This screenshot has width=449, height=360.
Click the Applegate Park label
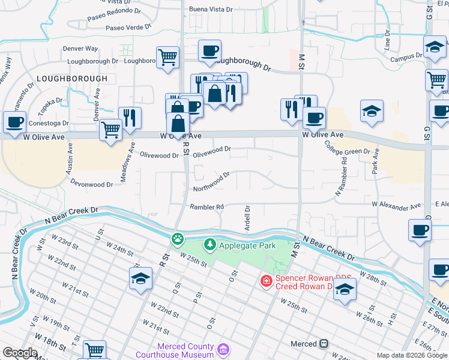(247, 245)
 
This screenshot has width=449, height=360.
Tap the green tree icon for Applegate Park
(209, 244)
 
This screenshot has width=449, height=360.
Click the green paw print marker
(178, 239)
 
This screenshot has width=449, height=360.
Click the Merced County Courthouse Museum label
(185, 350)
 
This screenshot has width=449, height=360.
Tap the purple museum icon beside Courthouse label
(223, 349)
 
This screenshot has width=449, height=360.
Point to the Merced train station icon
(324, 344)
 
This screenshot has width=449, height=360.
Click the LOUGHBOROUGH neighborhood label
(72, 79)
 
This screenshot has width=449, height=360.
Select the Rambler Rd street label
(207, 207)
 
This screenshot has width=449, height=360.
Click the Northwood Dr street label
(212, 182)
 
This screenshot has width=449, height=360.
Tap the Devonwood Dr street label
(92, 183)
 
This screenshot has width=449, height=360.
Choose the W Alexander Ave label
(396, 205)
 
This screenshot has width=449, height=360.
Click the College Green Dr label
(348, 151)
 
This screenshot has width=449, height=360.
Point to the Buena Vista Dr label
(214, 9)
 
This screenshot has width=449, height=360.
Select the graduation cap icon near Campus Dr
(435, 46)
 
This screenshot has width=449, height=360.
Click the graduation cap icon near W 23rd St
(140, 278)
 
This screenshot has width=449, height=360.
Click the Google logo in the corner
(20, 353)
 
